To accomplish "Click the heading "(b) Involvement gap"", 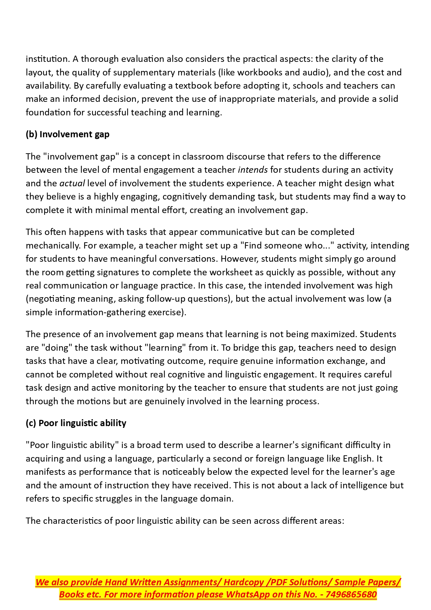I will click(x=67, y=135).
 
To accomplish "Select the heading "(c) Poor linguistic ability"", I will click(x=76, y=423).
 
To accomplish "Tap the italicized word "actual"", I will click(x=72, y=183).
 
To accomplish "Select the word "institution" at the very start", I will click(x=47, y=59).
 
